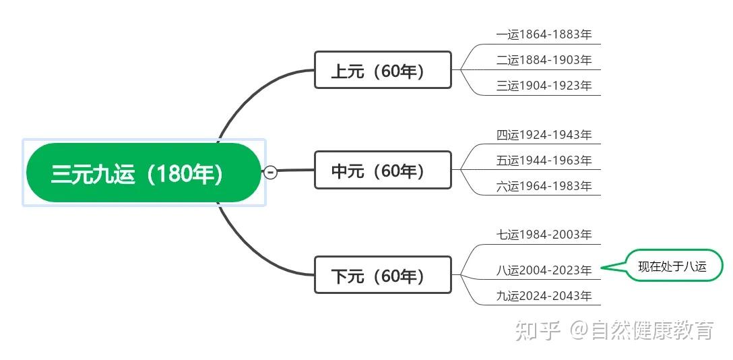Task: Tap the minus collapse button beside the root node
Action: click(271, 172)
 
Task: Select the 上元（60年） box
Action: click(383, 69)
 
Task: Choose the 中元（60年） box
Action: click(383, 170)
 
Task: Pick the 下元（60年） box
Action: click(383, 275)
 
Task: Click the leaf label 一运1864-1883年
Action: click(544, 34)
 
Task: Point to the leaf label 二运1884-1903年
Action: click(544, 60)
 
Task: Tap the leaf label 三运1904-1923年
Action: click(544, 86)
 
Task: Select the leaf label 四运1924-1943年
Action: click(544, 135)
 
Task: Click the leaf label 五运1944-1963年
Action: click(544, 160)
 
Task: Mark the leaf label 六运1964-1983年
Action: click(544, 186)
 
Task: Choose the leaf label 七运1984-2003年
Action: click(544, 234)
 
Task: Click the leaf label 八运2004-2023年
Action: click(544, 270)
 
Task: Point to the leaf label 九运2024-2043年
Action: click(544, 296)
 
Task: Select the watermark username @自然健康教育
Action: click(641, 330)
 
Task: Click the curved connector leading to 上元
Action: click(253, 94)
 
